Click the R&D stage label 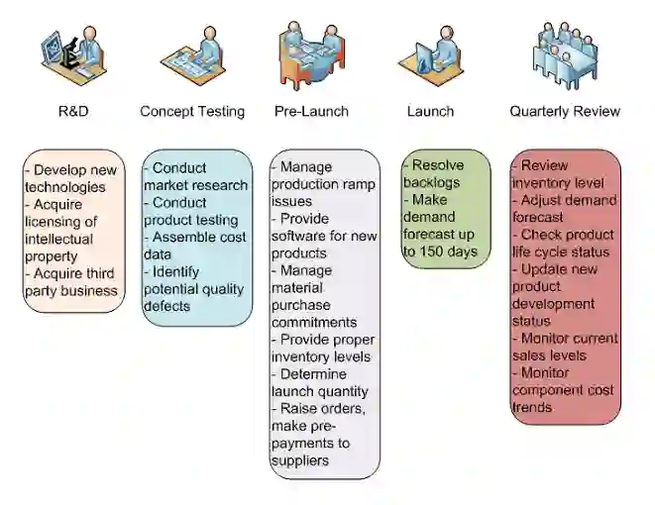pos(73,111)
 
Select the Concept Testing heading pos(192,111)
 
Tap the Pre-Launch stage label pos(311,111)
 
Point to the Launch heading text pos(430,111)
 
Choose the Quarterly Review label pos(565,111)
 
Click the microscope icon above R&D pos(72,54)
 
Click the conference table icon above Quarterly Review pos(565,54)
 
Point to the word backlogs pos(433,182)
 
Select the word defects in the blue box pos(166,306)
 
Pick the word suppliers pos(300,460)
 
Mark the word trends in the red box pos(532,407)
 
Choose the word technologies pos(65,187)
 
